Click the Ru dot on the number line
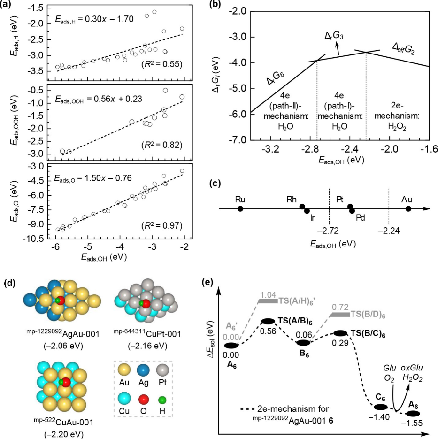click(x=240, y=208)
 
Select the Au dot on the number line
click(x=408, y=208)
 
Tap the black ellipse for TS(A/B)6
click(x=268, y=321)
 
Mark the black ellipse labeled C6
click(x=380, y=407)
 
